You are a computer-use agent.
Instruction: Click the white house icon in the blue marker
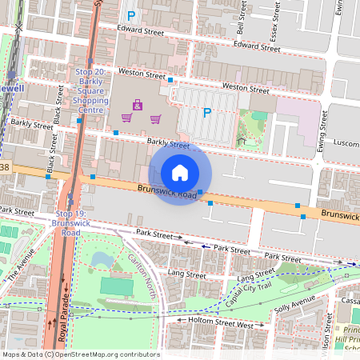click(180, 172)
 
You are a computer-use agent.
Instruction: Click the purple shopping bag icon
click(138, 104)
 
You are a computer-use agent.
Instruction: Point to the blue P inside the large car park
click(206, 113)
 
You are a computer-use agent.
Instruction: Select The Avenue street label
click(22, 270)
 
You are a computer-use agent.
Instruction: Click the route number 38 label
click(5, 167)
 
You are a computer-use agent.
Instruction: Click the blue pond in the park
click(100, 259)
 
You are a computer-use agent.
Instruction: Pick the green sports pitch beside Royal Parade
click(117, 286)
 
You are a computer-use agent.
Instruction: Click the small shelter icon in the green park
click(242, 141)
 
